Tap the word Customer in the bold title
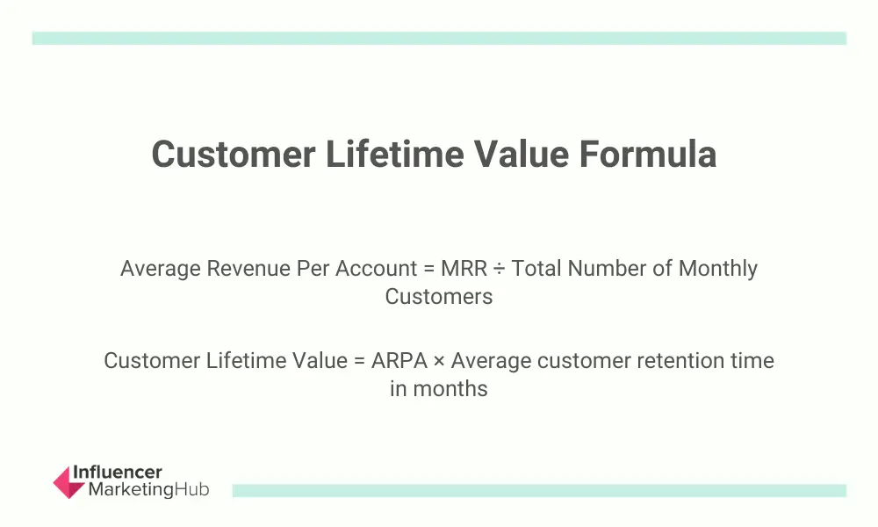coord(234,154)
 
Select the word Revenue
coord(248,268)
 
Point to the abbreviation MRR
coord(464,268)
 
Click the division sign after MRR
coord(500,269)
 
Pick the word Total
coord(536,268)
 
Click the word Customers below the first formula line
coord(439,296)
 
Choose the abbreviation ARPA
coord(399,361)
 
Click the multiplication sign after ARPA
coord(439,361)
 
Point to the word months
coord(450,389)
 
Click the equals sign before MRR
coord(429,269)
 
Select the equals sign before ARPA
coord(359,361)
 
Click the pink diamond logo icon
coord(68,482)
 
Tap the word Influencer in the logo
coord(118,473)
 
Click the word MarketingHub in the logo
coord(149,489)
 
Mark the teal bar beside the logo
coord(539,491)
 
